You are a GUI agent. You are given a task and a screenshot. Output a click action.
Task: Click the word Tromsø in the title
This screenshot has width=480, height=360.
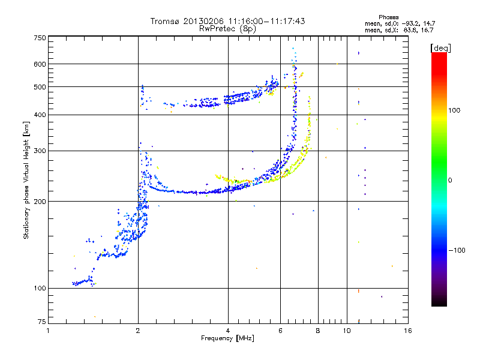165,21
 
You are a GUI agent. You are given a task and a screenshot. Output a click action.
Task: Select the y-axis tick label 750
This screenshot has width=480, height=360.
40,38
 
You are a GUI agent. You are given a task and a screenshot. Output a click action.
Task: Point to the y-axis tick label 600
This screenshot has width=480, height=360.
40,64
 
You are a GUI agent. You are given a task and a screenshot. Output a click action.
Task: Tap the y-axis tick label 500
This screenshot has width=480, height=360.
40,87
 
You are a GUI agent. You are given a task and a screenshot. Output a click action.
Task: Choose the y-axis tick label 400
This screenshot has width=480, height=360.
40,115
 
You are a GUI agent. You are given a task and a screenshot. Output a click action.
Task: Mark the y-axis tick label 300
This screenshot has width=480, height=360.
40,151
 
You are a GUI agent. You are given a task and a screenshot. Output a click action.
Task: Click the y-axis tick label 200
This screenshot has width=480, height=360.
40,202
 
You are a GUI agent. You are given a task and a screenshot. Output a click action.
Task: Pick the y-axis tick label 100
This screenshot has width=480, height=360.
40,289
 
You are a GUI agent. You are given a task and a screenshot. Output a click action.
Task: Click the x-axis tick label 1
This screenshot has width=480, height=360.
48,331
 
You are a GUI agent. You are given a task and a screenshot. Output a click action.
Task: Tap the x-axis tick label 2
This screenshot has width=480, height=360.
138,331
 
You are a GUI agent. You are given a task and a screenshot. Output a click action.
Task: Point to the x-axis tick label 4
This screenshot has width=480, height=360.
228,331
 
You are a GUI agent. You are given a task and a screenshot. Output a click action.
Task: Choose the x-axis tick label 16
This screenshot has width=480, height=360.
407,331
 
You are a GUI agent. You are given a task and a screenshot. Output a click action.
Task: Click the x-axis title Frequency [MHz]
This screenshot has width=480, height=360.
227,339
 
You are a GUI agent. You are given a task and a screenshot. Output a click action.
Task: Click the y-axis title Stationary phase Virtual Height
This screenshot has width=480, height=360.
26,180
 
